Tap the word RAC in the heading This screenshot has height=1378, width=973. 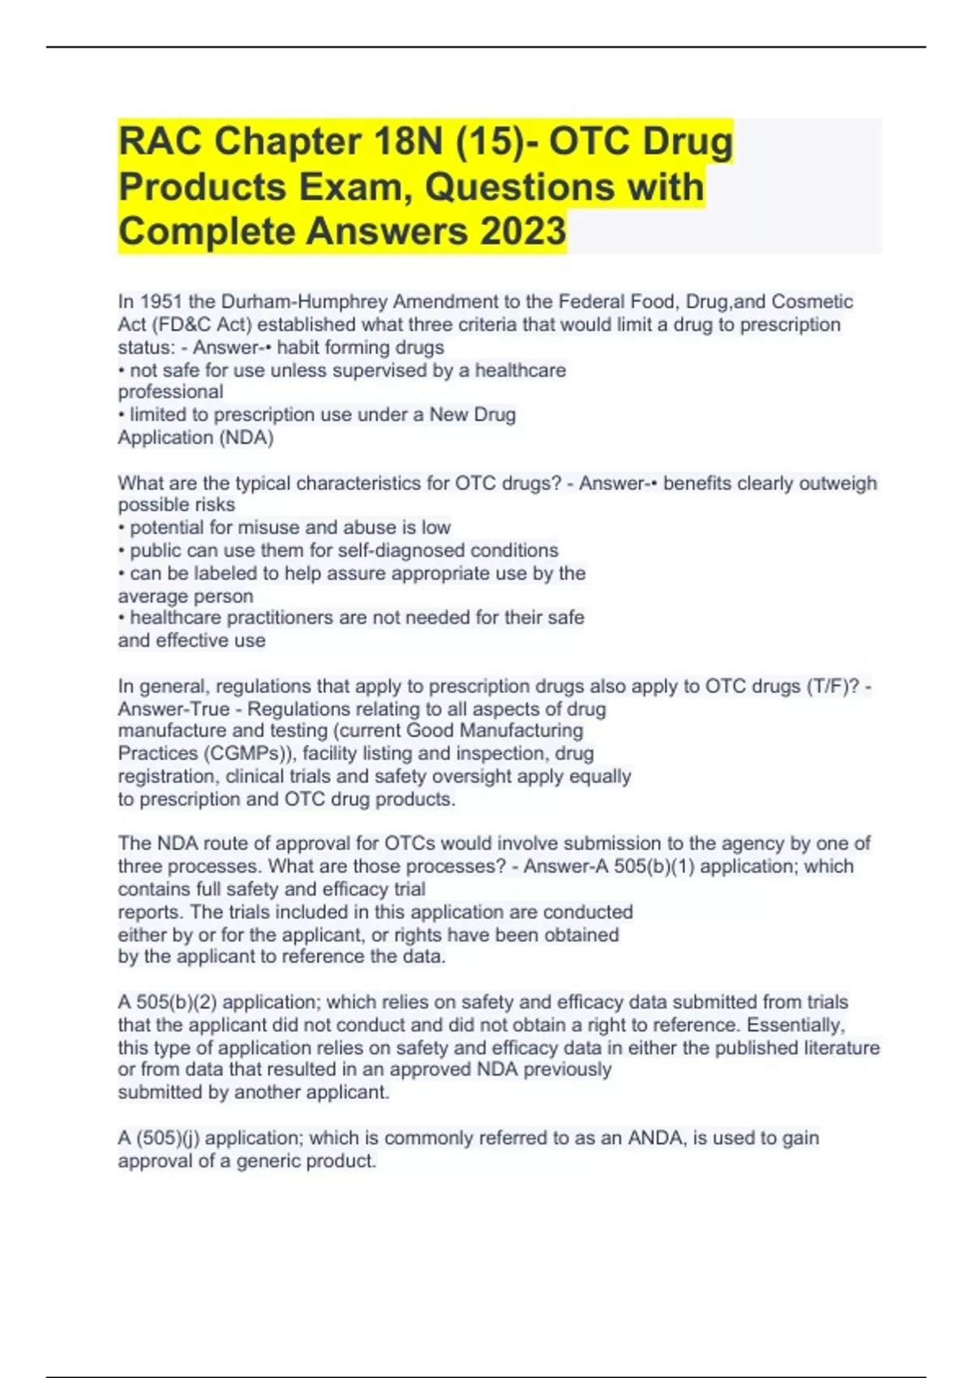coord(160,142)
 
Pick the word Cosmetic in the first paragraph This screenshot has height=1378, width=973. coord(812,302)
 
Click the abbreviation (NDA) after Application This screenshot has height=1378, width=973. coord(246,438)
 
